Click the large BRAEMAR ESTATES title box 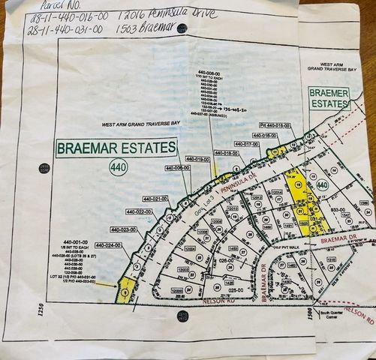116,148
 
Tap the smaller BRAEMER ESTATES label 329,98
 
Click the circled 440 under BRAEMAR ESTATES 118,166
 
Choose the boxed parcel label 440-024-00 107,245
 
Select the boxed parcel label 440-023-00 124,229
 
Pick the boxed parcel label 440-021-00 155,199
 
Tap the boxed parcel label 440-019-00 197,159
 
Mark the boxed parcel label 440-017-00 246,143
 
